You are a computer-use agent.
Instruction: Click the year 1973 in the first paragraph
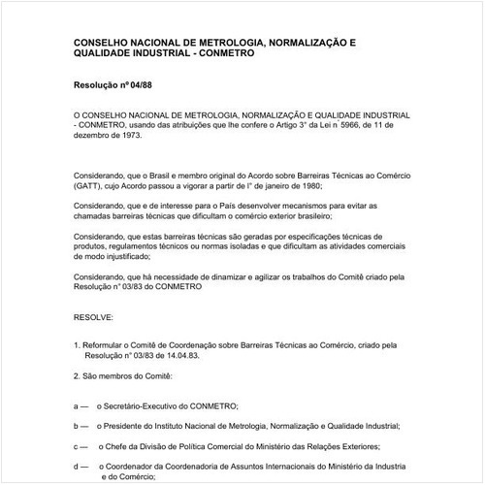[x=132, y=136]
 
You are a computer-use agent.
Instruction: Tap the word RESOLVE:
[x=94, y=316]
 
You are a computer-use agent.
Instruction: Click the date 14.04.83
[x=173, y=355]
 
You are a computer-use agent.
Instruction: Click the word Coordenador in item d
[x=139, y=466]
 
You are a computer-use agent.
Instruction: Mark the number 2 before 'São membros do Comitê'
[x=76, y=374]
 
